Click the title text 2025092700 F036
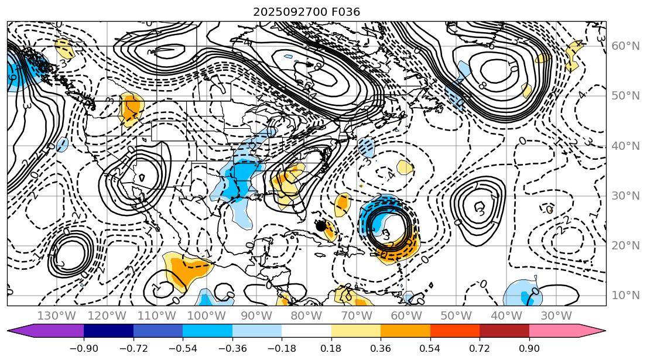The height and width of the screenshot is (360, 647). coord(306,12)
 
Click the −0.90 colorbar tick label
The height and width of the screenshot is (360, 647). coord(83,348)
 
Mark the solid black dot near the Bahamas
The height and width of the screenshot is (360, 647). coord(320,225)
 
